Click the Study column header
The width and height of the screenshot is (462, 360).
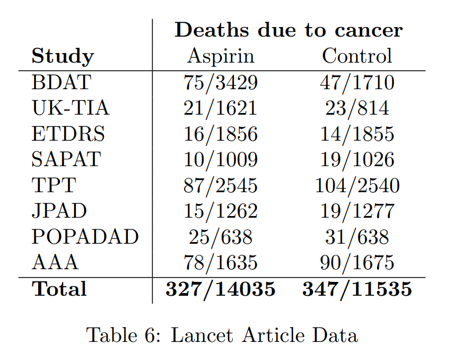coord(63,56)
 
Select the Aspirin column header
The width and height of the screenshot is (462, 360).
coord(221,56)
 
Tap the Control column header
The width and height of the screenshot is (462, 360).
coord(357,56)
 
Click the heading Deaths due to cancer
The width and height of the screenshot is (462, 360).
coord(289,30)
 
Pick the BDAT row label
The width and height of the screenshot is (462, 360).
coord(62,83)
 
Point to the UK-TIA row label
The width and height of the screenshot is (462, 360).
coord(71,108)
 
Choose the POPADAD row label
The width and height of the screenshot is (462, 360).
coord(85,237)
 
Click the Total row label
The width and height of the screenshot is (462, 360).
coord(59,289)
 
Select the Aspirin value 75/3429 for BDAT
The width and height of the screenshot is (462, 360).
coord(221,83)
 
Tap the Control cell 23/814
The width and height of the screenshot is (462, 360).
coord(357,108)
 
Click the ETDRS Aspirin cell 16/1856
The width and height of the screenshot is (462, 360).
coord(221,134)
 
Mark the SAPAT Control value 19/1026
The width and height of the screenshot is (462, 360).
coord(357,160)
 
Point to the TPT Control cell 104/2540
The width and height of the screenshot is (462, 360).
coord(357,186)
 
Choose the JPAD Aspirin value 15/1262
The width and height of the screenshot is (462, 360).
coord(221,211)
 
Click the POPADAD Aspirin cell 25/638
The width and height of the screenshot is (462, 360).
coord(221,237)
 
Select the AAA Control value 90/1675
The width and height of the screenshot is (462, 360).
coord(357,263)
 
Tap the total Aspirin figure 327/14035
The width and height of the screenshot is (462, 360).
coord(221,289)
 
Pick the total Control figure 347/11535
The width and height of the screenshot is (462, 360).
coord(357,289)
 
